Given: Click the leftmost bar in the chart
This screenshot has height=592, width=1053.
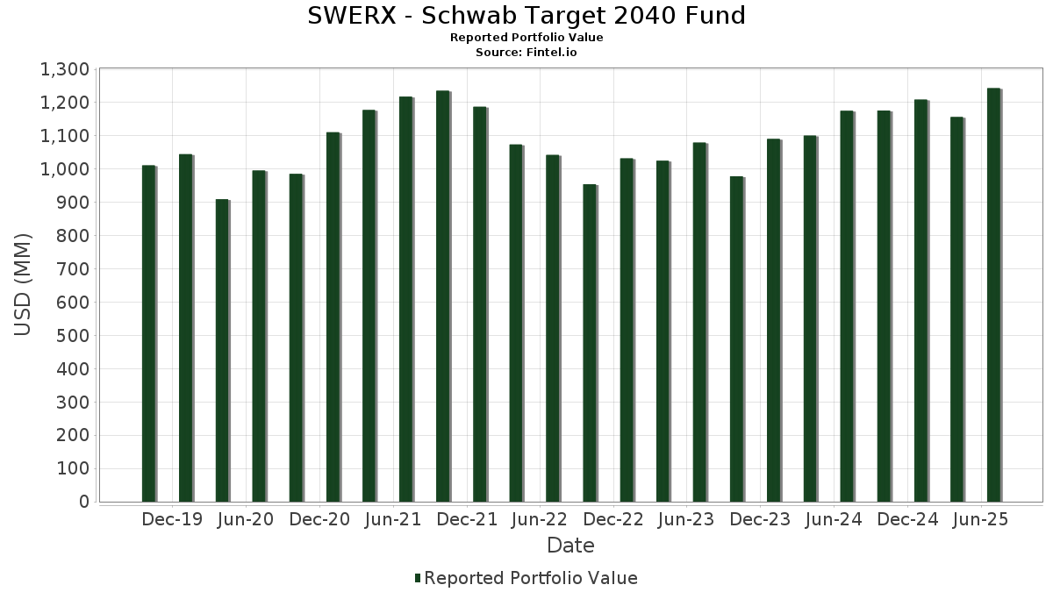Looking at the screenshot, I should (148, 333).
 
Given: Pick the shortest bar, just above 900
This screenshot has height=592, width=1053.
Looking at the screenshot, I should (222, 351).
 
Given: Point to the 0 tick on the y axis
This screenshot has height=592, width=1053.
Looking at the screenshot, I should (84, 502).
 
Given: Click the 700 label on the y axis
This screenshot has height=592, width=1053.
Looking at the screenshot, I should (72, 269).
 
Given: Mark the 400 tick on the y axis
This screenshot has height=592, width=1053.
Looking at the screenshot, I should (72, 369).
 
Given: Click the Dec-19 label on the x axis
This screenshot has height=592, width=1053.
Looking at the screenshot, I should (172, 519).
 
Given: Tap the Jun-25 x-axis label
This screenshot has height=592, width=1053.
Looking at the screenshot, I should (980, 519).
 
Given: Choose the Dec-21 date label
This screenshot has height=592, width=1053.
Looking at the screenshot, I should (467, 519).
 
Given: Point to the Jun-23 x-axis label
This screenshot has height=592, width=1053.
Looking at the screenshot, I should (686, 519).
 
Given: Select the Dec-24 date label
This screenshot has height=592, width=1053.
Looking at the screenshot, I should (907, 519).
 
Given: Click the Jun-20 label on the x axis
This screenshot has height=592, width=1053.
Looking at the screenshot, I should (245, 519).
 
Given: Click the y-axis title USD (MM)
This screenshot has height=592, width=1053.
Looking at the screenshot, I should (24, 284).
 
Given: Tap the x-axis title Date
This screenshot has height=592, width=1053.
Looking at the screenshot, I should (570, 546).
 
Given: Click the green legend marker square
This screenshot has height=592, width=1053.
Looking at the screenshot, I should (418, 578).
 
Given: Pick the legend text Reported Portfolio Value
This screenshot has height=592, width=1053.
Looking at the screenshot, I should (531, 578).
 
